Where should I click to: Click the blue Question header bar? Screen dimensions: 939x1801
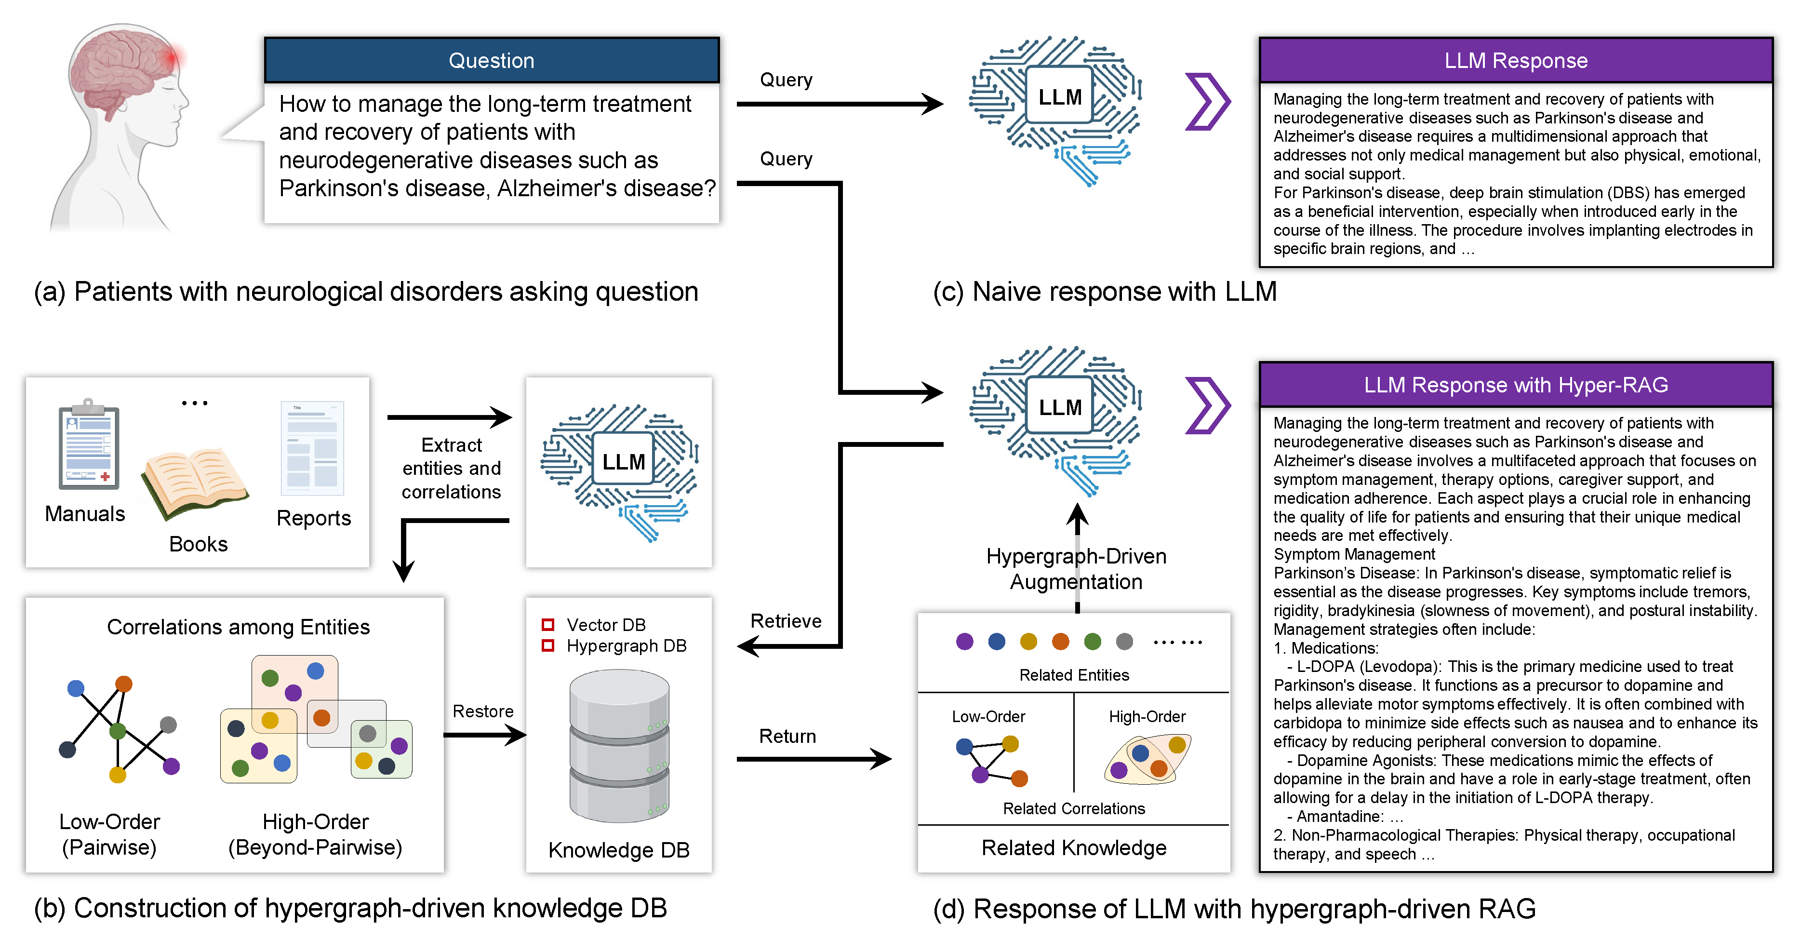coord(492,61)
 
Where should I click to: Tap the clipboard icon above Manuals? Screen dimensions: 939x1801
coord(89,447)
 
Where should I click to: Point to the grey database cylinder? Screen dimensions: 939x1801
coord(619,745)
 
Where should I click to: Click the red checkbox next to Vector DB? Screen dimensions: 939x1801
coord(548,624)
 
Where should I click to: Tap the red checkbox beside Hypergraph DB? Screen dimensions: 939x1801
coord(548,645)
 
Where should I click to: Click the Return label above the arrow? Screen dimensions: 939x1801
coord(787,736)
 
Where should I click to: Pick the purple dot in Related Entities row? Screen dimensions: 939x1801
coord(964,641)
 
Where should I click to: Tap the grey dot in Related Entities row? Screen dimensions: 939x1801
coord(1124,641)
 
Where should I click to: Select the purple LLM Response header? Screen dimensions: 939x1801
coord(1515,61)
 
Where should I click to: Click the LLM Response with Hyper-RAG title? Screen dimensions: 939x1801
coord(1515,385)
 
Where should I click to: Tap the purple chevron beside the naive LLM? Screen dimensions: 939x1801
coord(1207,102)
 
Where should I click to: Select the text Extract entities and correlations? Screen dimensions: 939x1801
coord(451,469)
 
